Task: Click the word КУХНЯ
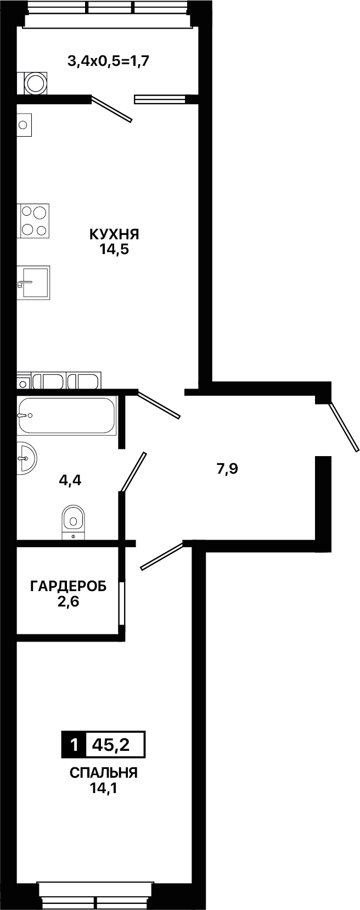(x=114, y=234)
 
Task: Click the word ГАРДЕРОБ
(x=69, y=586)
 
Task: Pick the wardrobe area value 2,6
(x=68, y=601)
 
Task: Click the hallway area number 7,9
(x=227, y=469)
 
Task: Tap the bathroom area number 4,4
(x=70, y=481)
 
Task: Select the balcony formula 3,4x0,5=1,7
(x=109, y=61)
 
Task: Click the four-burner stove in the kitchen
(x=33, y=221)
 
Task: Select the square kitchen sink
(x=33, y=283)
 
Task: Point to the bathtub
(x=66, y=415)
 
